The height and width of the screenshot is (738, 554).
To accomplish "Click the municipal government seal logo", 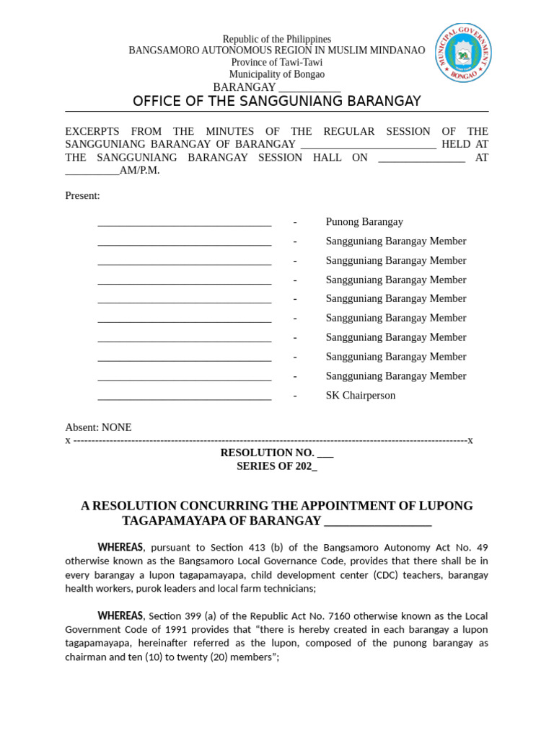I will pos(464,53).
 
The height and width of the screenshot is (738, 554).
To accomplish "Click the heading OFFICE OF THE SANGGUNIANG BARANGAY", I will pos(276,101).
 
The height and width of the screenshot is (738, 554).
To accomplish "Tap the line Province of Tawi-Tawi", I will pos(276,63).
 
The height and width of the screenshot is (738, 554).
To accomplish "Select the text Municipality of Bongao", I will pos(276,74).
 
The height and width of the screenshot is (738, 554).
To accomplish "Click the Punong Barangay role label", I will pos(364,222).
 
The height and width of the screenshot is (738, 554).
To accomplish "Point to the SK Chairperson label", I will pos(360,396).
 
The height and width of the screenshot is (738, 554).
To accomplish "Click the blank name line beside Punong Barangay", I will pos(184,223).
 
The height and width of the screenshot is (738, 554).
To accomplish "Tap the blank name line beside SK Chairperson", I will pos(184,396).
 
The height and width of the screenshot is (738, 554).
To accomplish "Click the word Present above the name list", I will pos(82,196).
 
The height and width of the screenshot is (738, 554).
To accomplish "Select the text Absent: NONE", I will pos(98,427).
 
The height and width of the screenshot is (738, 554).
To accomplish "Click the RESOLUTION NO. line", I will pos(276,453).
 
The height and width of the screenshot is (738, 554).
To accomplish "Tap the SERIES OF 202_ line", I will pos(276,466).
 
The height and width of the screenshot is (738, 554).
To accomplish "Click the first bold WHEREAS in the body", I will pos(120,548).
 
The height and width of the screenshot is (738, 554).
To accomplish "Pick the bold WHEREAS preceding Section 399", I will pos(120,616).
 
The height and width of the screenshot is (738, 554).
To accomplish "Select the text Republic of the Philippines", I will pos(276,39).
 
